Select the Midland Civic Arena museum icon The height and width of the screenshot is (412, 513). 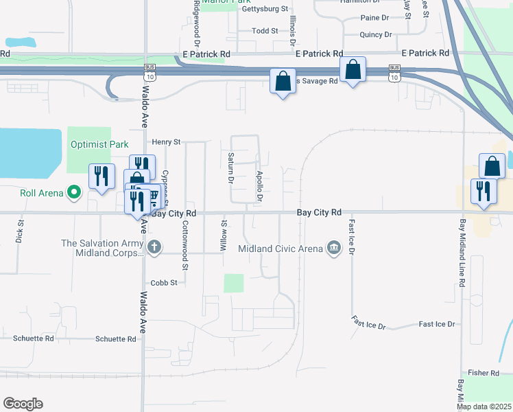pos(334,247)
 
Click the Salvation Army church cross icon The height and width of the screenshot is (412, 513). pos(155,247)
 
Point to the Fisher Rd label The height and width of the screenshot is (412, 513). pos(484,373)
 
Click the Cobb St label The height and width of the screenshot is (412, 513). pos(165,282)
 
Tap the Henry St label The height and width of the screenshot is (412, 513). pos(167,142)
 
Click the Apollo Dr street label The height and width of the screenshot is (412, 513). pos(260,186)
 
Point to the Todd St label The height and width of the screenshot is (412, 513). pos(265,31)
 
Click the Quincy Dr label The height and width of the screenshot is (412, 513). pos(376,34)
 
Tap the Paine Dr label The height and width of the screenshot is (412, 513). pos(374,18)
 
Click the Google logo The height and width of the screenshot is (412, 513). pos(23,404)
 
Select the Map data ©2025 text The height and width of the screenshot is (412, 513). pos(484,407)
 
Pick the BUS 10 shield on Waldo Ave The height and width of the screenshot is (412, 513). pos(150,69)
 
